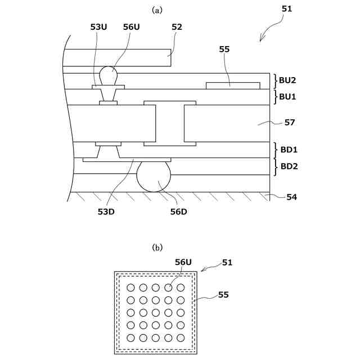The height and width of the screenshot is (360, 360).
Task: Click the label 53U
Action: [x=98, y=27]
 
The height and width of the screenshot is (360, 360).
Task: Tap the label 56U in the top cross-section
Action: [x=131, y=27]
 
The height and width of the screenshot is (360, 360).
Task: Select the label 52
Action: [x=177, y=27]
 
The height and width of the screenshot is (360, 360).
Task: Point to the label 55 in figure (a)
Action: [x=224, y=49]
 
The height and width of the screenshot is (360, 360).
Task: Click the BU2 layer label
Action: [x=287, y=80]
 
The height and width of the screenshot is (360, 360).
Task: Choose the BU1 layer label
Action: [x=287, y=96]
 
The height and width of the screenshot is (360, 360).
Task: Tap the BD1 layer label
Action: [x=289, y=150]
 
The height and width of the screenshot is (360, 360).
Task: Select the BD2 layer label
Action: [x=289, y=166]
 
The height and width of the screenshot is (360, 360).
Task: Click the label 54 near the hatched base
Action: [x=292, y=197]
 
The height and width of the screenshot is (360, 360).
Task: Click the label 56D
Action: [x=179, y=211]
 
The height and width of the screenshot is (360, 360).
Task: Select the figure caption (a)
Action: [x=157, y=10]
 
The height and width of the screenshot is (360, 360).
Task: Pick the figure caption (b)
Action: [x=157, y=247]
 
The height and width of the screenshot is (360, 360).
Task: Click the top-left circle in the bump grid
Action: [x=130, y=288]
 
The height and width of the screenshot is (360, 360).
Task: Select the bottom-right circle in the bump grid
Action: [x=181, y=338]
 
